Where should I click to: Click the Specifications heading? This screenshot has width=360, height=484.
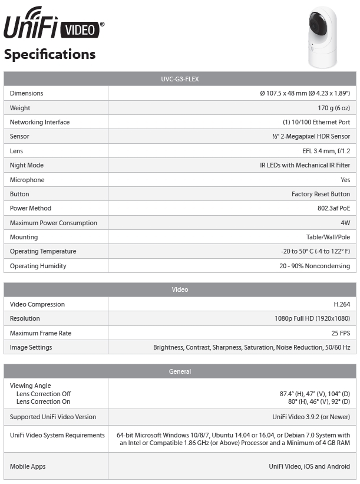(49, 54)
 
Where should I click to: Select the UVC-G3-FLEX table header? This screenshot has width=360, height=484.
(180, 79)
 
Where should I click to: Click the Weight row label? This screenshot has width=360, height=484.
(20, 108)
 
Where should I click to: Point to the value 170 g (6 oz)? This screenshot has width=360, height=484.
(333, 108)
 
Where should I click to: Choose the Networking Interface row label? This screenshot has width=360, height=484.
(39, 122)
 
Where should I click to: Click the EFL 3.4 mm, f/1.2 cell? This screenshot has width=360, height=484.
(326, 151)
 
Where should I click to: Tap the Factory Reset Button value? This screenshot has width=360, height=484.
(321, 194)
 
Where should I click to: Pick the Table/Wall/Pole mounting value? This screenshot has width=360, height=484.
(328, 237)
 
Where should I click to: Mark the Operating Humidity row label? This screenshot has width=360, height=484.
(38, 266)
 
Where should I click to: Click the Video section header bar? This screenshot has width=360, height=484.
(180, 290)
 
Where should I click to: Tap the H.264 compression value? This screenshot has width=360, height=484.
(341, 304)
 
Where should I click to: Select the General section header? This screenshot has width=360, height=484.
(180, 371)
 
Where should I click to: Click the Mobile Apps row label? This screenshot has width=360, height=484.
(28, 466)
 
